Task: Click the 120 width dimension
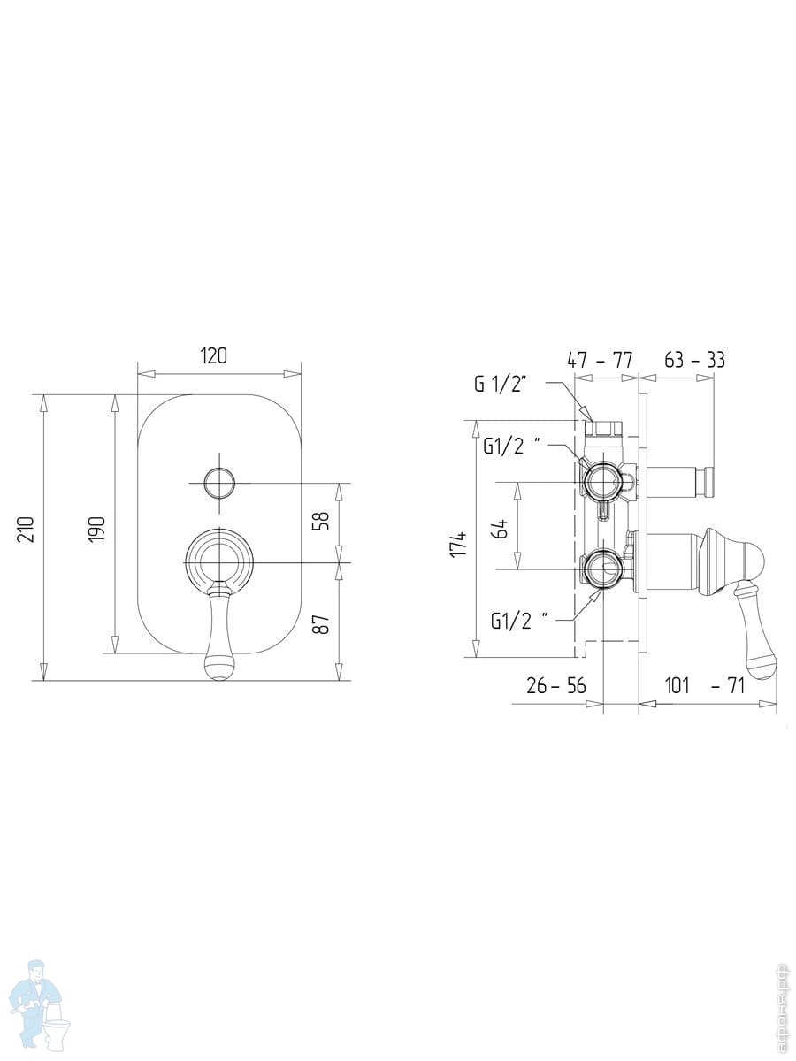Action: coord(213,356)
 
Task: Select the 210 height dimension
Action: coord(27,530)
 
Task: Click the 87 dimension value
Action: coord(322,624)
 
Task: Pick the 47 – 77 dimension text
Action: coord(600,360)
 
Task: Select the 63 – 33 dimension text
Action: coord(694,360)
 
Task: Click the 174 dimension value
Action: coord(459,545)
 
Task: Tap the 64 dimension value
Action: coord(501,530)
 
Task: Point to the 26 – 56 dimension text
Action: coord(555,685)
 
